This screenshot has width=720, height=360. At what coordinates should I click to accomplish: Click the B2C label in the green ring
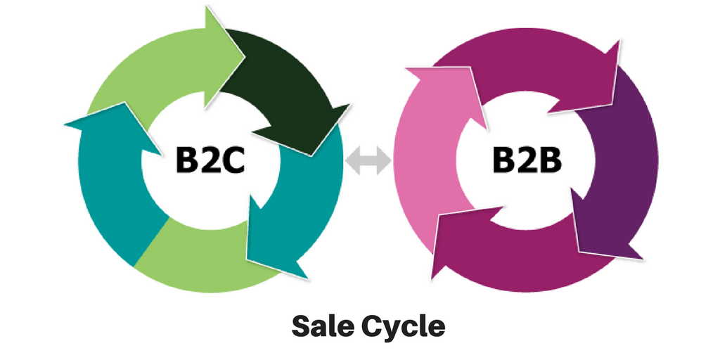click(x=210, y=162)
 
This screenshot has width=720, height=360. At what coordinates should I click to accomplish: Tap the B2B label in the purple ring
click(x=527, y=162)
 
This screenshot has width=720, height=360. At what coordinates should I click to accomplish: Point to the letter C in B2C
click(x=233, y=162)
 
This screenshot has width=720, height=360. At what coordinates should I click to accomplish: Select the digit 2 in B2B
click(x=527, y=162)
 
